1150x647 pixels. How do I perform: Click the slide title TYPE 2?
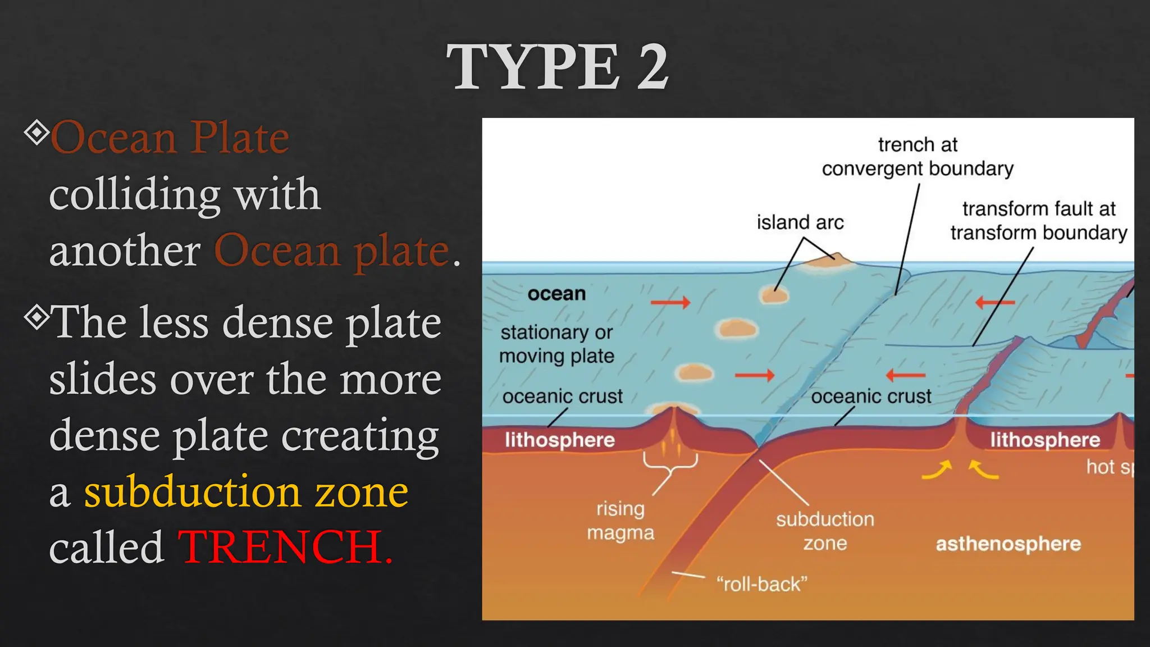557,67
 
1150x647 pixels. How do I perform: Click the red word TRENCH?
284,547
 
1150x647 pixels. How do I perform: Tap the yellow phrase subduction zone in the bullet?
246,492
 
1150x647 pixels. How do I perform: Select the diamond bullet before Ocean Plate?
36,133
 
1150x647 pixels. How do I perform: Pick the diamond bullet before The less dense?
36,318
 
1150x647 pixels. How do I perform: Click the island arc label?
800,222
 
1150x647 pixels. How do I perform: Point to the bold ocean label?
556,294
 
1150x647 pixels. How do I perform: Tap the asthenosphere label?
1008,544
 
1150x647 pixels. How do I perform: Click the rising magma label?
620,521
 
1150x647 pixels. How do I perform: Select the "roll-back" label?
761,584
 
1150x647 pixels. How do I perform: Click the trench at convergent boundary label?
918,157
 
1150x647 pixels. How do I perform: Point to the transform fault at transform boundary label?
1038,221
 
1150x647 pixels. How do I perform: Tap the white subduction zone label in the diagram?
825,531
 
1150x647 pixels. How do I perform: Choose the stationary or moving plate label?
556,344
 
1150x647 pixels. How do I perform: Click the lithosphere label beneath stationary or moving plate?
559,440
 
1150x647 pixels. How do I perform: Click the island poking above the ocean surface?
828,259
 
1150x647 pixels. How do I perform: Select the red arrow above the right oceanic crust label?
905,375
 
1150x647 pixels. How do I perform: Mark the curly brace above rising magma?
670,463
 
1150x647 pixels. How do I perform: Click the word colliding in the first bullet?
135,194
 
